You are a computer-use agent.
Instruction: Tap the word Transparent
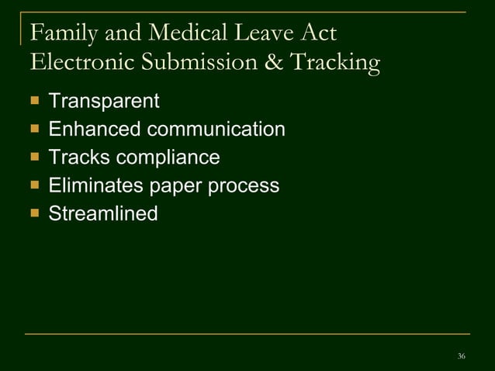point(104,101)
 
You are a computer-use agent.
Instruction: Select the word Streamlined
point(103,213)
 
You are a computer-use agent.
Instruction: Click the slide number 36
point(462,355)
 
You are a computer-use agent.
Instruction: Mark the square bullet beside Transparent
point(33,101)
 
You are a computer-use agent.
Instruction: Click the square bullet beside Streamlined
point(33,213)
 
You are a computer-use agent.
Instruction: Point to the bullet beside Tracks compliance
point(33,158)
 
